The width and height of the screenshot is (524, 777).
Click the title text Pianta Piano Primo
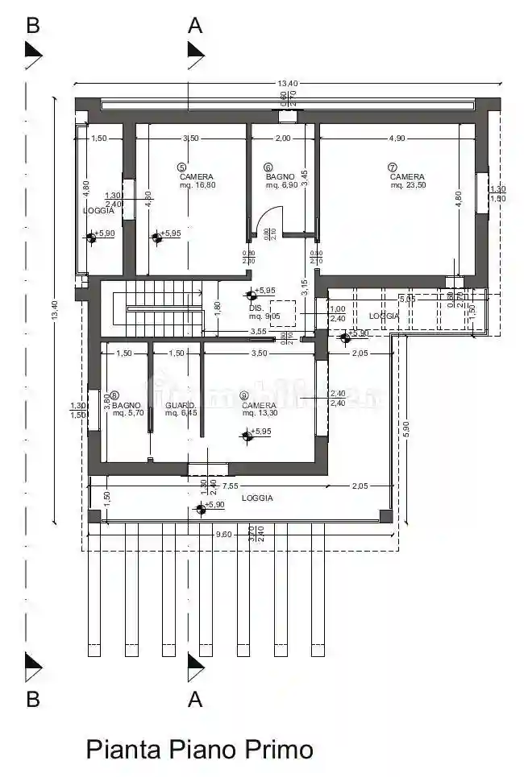pos(199,750)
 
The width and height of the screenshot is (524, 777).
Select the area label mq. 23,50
pos(407,185)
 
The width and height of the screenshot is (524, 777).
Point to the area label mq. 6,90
pos(282,185)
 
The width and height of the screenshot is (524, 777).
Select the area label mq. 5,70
pos(128,413)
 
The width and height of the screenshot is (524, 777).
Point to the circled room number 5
pos(181,167)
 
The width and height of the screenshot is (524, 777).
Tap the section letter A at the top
pos(195,25)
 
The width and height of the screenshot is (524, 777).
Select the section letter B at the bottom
pos(32,699)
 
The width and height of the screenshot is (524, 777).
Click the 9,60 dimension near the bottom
pos(223,534)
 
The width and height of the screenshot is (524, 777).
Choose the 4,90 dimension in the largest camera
pos(397,138)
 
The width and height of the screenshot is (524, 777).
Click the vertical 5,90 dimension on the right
pos(406,429)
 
